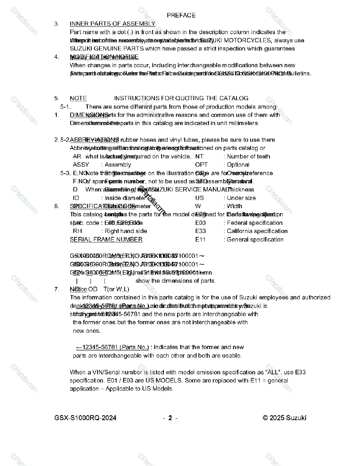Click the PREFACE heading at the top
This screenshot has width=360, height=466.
(x=181, y=15)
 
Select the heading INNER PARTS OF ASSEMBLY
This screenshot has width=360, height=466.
(x=112, y=24)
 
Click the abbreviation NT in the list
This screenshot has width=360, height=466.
(x=199, y=156)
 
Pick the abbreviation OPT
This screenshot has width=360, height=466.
(x=201, y=165)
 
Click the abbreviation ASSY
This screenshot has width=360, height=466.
(x=81, y=165)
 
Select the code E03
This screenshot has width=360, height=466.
(x=200, y=223)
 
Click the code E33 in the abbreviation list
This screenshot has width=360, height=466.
(x=200, y=231)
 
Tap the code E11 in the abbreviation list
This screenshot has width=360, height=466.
(x=200, y=240)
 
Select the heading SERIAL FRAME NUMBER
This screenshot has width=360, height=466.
(x=106, y=240)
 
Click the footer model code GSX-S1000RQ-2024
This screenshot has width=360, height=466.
(x=85, y=418)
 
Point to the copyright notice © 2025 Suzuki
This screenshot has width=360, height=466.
(x=284, y=418)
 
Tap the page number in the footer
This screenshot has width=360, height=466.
(x=170, y=418)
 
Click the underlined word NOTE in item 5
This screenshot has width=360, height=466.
(x=78, y=98)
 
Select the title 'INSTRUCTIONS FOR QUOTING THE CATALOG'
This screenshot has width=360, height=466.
(x=181, y=98)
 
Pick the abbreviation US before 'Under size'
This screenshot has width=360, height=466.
(x=199, y=198)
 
